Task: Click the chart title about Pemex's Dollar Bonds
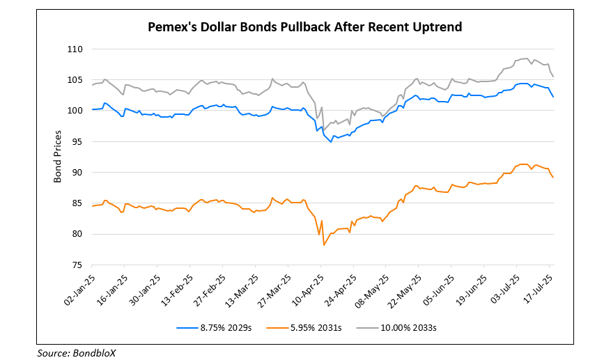[305, 27]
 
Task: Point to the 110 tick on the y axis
[76, 49]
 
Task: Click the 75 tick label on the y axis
[78, 265]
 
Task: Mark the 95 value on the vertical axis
[78, 142]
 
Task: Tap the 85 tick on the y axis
[78, 203]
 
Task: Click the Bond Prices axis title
[58, 157]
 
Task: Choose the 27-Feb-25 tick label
[210, 287]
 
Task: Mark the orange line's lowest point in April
[324, 245]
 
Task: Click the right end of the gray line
[553, 77]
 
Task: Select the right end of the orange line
[553, 178]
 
